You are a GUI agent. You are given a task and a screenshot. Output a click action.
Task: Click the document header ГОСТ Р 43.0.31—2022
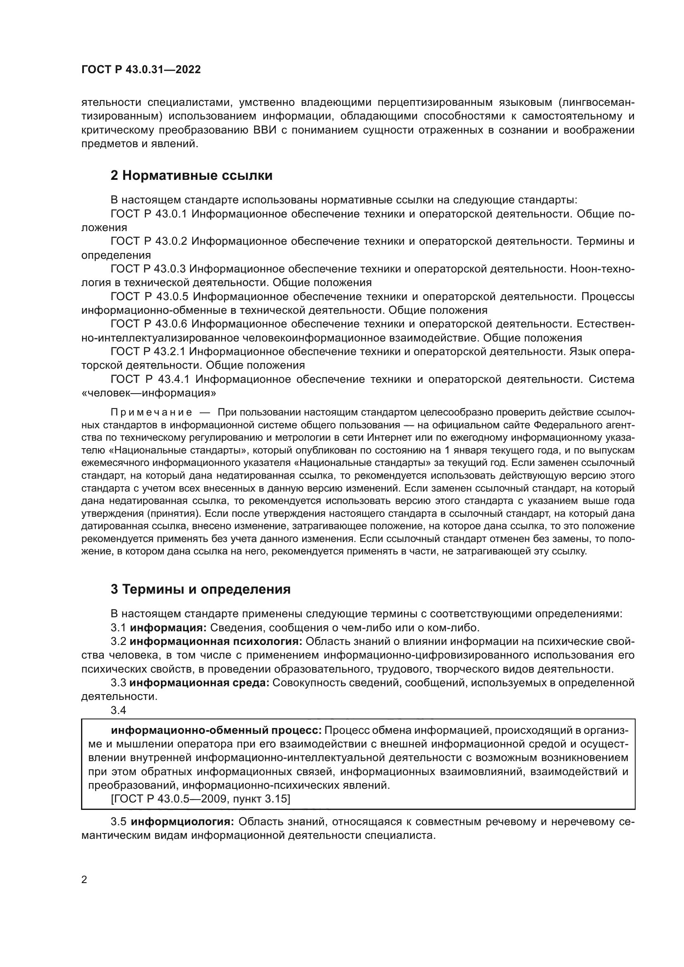[141, 70]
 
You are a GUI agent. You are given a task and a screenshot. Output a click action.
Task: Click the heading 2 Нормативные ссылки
[191, 176]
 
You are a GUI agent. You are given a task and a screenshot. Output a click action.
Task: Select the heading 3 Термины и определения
[201, 589]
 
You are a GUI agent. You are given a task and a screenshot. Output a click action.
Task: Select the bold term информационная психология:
[216, 642]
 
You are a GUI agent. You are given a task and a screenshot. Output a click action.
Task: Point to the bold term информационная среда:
[200, 683]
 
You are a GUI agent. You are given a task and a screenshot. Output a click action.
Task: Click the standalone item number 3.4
[118, 711]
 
